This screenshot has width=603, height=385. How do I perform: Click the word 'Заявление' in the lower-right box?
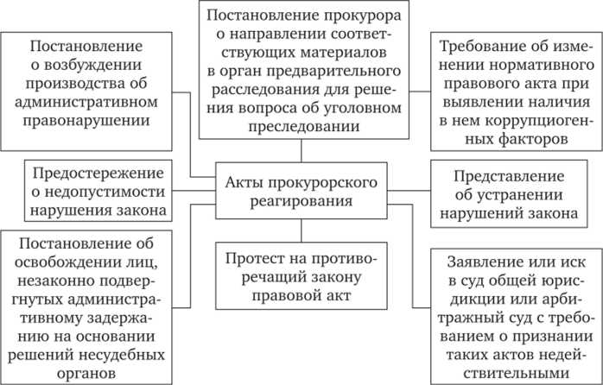coord(473,262)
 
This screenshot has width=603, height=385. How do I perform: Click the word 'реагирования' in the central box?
coord(301,203)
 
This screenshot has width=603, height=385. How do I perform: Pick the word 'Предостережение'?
coord(96,173)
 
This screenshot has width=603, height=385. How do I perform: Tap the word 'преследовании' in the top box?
coord(301,148)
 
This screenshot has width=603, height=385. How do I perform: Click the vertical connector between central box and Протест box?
coord(301,230)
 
